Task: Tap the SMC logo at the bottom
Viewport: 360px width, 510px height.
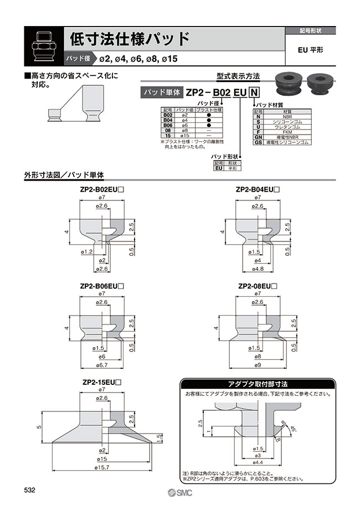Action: (x=179, y=493)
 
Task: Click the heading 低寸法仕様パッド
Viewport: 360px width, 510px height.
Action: (x=130, y=39)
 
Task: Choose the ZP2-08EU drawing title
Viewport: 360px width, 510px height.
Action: (x=257, y=286)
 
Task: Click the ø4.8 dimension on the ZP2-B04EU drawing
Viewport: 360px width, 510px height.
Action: (x=257, y=269)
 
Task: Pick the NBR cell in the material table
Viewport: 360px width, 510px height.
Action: (x=287, y=117)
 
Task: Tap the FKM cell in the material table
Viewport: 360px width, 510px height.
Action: (x=287, y=132)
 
